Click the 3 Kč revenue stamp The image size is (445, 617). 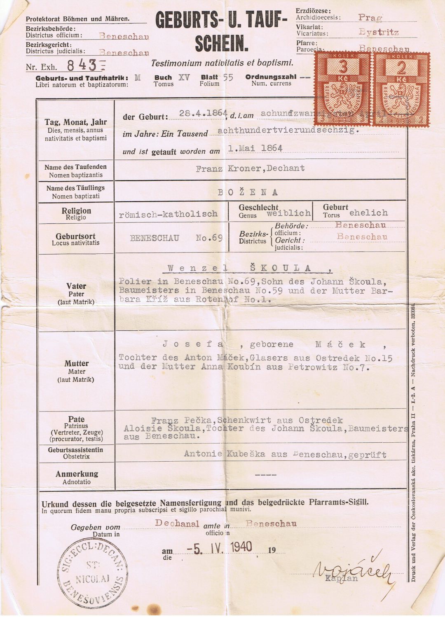click(343, 89)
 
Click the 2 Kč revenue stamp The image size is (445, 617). click(401, 89)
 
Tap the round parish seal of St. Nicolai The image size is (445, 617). click(93, 573)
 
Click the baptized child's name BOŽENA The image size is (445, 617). click(248, 192)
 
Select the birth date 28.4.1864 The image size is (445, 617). click(203, 114)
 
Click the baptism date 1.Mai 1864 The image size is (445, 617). click(255, 149)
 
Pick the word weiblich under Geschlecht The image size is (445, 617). click(288, 213)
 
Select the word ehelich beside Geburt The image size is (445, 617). click(368, 213)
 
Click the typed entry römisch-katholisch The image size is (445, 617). click(168, 214)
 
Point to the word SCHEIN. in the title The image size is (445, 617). click(222, 44)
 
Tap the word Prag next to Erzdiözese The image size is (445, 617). click(370, 17)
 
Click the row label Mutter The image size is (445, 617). click(76, 363)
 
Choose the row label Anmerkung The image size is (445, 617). click(77, 474)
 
